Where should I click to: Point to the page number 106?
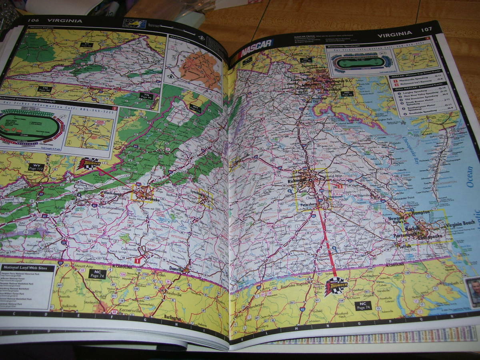pyautogui.click(x=34, y=21)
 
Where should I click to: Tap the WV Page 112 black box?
pyautogui.click(x=35, y=168)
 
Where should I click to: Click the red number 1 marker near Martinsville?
pyautogui.click(x=137, y=260)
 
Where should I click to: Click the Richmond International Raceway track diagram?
pyautogui.click(x=31, y=128)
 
